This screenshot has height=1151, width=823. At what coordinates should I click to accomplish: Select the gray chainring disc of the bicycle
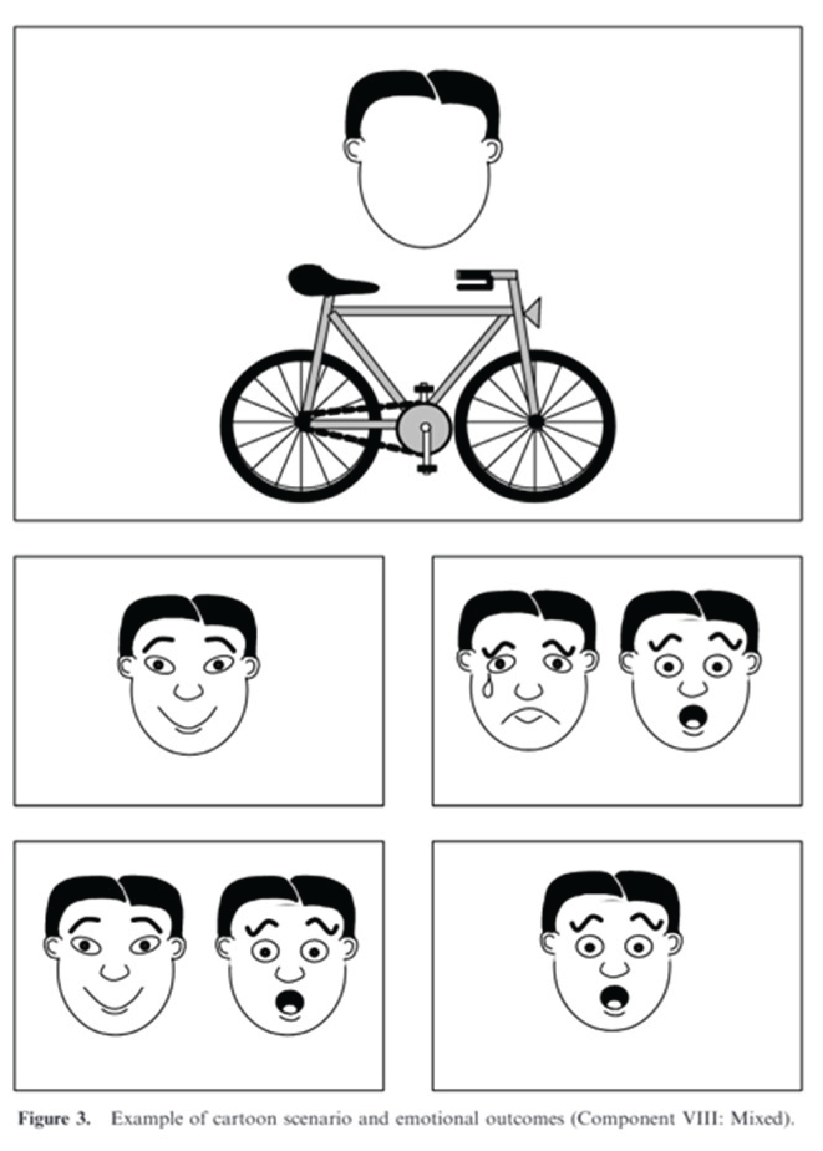coord(424,429)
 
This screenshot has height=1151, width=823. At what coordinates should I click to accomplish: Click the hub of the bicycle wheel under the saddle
coord(302,423)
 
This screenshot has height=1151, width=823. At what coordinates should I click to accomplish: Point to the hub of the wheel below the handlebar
coord(535,422)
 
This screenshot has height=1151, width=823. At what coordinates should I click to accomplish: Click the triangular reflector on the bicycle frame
coord(533,311)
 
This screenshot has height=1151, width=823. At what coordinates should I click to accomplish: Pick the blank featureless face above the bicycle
coord(423,159)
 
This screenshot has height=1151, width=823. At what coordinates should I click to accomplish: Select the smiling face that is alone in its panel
coord(189,675)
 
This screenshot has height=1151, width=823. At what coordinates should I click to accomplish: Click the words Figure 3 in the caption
coord(54,1119)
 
